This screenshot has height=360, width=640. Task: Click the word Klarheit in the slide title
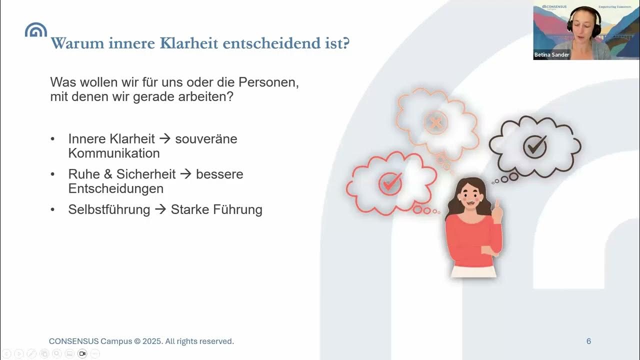click(x=189, y=43)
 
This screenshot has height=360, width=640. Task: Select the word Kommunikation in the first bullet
click(x=114, y=153)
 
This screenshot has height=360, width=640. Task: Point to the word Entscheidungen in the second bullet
click(x=115, y=188)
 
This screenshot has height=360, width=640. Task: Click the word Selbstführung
click(x=109, y=209)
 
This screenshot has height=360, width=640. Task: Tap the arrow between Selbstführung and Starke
click(x=160, y=209)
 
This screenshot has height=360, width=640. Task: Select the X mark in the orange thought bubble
click(x=435, y=123)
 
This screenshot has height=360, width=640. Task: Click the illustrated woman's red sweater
click(x=472, y=240)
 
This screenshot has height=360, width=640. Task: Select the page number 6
click(x=588, y=341)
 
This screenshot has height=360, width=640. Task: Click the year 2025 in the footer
click(x=152, y=341)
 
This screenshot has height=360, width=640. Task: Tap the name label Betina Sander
click(x=552, y=54)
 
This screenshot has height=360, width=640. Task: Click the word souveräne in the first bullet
click(x=206, y=138)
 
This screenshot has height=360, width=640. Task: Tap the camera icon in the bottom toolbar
click(x=82, y=353)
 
